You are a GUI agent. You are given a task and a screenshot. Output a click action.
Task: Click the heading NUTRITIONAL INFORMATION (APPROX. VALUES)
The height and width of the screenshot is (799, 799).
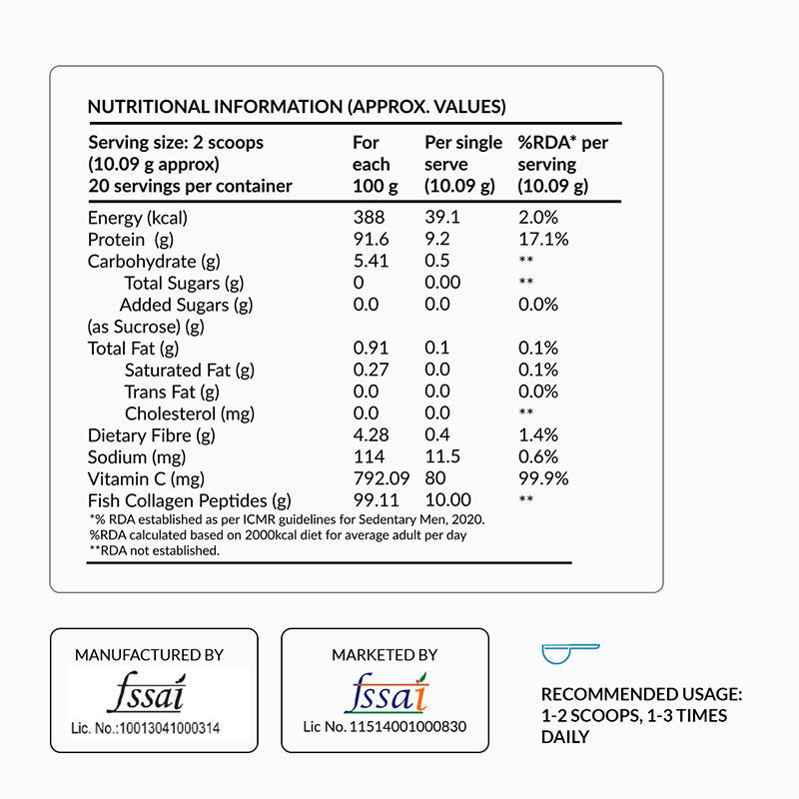[297, 107]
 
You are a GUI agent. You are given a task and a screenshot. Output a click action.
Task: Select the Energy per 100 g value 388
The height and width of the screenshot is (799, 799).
[369, 218]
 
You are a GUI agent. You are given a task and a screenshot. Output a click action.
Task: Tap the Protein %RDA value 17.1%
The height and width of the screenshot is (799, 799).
[543, 240]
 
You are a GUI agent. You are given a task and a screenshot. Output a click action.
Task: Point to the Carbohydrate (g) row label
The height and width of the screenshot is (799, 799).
[154, 262]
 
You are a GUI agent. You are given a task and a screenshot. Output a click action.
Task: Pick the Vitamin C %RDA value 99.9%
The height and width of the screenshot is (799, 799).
[543, 479]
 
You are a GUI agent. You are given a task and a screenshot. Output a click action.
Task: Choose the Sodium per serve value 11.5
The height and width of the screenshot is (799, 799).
[441, 457]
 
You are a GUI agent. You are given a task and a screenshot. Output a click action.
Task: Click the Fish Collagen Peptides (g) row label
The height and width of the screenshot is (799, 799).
[190, 501]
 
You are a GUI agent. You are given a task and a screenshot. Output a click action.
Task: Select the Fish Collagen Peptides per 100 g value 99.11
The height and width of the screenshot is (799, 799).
[376, 501]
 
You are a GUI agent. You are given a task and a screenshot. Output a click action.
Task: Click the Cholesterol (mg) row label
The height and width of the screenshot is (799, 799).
[190, 413]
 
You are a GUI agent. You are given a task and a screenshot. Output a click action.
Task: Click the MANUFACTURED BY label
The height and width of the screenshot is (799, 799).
[149, 655]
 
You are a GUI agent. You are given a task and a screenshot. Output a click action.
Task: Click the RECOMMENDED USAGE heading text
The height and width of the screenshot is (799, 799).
[641, 694]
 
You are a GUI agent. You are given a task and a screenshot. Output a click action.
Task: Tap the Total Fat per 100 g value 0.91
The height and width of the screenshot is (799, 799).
[371, 348]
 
